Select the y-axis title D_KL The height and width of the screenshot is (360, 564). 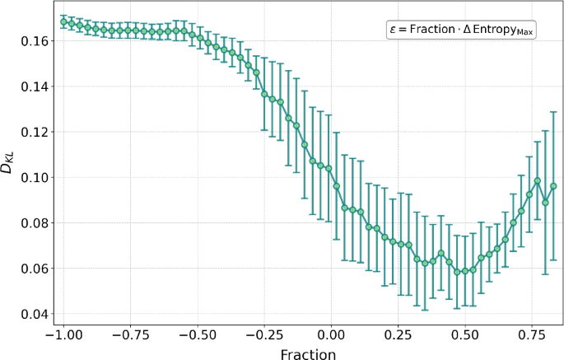(x=10, y=168)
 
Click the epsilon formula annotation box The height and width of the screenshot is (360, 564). (x=461, y=30)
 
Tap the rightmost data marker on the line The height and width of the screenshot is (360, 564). (x=553, y=186)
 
